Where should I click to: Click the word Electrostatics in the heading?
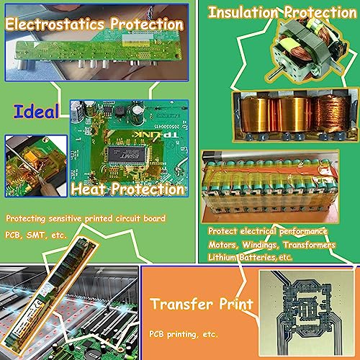coord(55,24)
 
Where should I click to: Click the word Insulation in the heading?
coord(243,12)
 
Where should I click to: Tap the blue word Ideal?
coord(36,112)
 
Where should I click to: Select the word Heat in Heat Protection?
coord(89,189)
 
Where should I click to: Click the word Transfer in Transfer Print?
coord(181,304)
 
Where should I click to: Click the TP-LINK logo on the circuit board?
coord(156,135)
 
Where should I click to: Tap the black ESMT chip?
coord(127,156)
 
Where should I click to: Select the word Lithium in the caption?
coord(222,257)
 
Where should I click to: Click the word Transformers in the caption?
coord(309,245)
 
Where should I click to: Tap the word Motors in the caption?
coord(223,245)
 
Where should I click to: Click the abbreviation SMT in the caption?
coord(36,235)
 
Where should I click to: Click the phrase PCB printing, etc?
coord(184,334)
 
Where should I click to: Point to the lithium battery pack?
coord(270,186)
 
